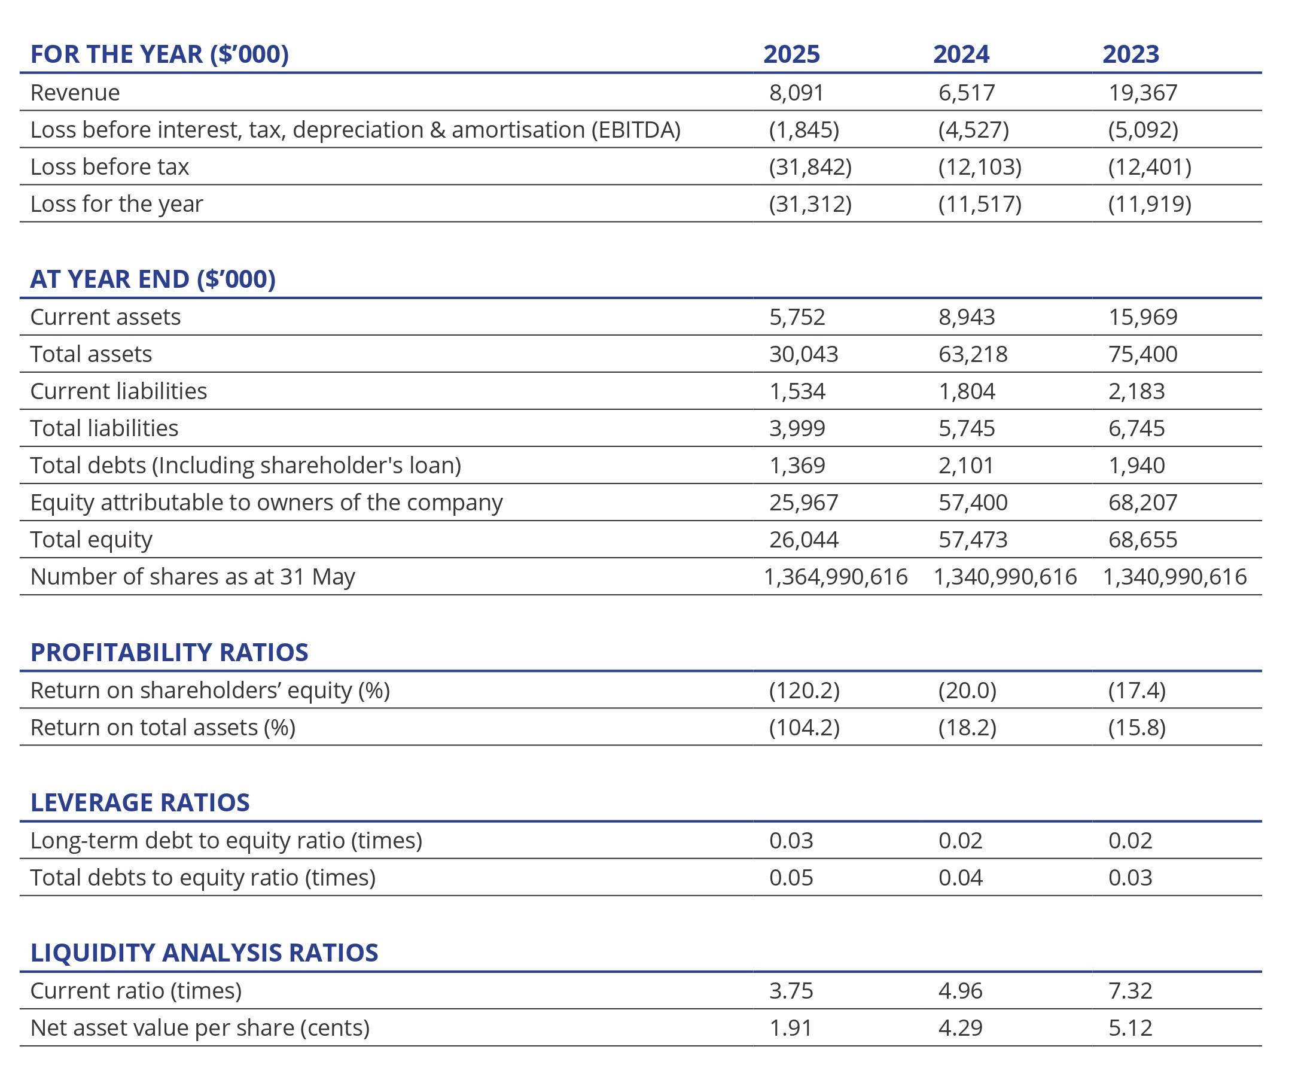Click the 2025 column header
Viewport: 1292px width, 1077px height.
point(791,54)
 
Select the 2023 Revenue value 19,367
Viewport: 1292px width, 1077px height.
point(1142,93)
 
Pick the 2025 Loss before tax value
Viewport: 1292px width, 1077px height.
point(810,167)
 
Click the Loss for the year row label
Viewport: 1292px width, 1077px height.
point(116,203)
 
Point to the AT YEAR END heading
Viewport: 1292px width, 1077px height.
point(153,279)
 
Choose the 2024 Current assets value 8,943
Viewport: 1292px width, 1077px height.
point(967,317)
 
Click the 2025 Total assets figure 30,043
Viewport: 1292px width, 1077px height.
point(803,354)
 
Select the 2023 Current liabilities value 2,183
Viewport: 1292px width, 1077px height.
point(1136,391)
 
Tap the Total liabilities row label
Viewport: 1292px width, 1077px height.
point(104,428)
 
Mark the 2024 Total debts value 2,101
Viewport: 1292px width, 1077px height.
point(966,466)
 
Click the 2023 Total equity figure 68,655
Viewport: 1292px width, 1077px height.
point(1142,540)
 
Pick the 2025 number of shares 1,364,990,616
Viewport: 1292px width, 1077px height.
point(836,577)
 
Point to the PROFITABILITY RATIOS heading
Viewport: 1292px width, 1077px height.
point(169,652)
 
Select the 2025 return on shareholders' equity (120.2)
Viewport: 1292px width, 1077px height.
point(804,690)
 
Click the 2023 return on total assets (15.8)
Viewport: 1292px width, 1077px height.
point(1136,728)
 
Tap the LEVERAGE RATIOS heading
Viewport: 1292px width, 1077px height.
point(141,802)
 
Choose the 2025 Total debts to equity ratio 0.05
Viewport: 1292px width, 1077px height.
point(791,878)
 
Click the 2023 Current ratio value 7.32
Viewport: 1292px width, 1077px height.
point(1130,991)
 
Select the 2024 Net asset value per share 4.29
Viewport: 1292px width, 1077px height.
point(961,1028)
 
